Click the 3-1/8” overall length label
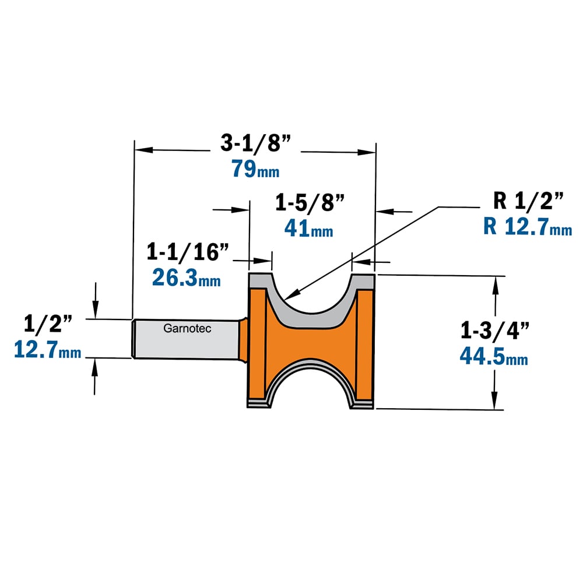(x=255, y=143)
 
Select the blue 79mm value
(x=255, y=168)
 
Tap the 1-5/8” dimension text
(x=310, y=203)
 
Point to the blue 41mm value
(x=308, y=228)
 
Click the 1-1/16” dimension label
(x=187, y=252)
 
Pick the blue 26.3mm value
(x=187, y=278)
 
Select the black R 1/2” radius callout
(x=528, y=201)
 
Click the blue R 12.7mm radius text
(x=528, y=226)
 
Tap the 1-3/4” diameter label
(x=494, y=330)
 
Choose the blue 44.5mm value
(x=494, y=356)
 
